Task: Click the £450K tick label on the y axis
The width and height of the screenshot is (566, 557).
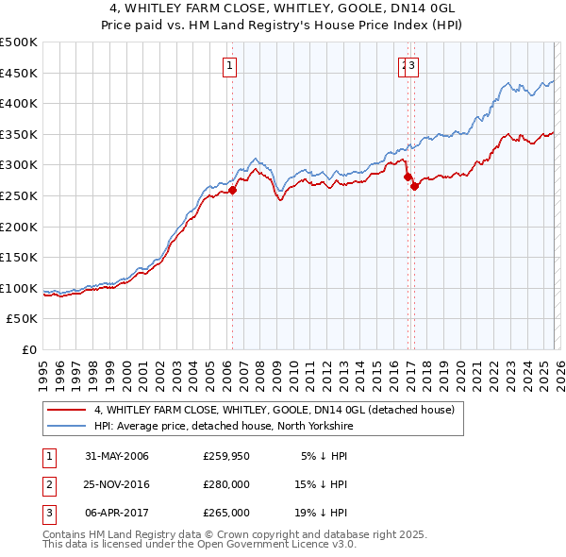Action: click(x=19, y=73)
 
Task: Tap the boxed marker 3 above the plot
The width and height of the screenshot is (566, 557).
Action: click(x=413, y=65)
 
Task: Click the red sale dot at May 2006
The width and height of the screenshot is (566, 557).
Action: click(x=232, y=190)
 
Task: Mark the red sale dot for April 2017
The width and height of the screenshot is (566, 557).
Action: click(x=414, y=187)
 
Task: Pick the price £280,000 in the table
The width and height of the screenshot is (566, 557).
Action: click(x=226, y=484)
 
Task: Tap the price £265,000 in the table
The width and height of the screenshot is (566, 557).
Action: click(x=226, y=513)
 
